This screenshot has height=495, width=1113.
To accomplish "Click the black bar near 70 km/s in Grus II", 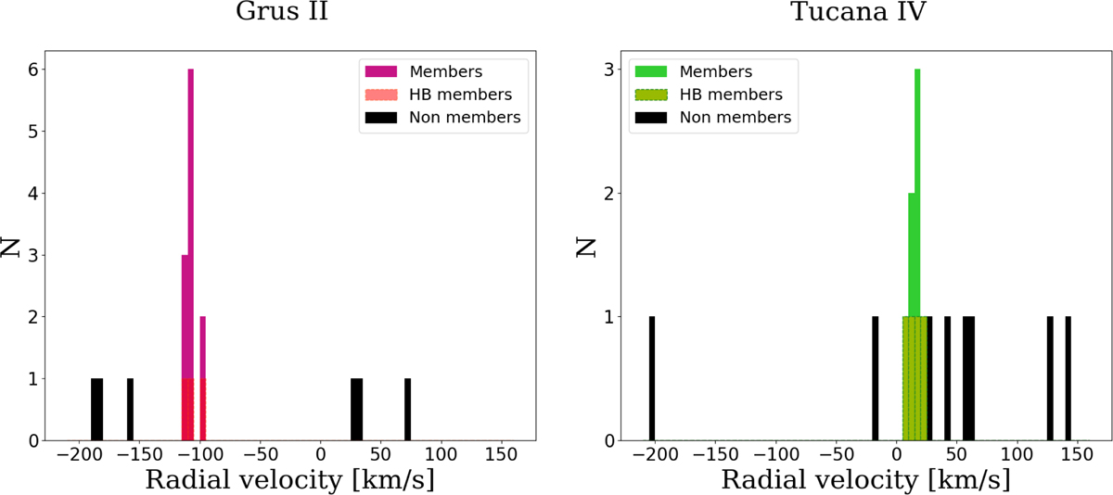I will point(407,409).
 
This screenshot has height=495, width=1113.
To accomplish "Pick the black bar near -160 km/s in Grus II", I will point(130,409).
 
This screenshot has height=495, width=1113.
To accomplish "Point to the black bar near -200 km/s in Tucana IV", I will point(652,378).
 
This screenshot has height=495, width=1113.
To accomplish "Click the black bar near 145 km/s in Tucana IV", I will point(1068,378).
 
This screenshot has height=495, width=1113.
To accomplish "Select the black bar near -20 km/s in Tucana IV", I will point(875,378).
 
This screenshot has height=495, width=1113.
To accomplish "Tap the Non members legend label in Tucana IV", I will point(735,117).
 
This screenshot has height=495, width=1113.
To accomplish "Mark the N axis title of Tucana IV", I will point(584,246).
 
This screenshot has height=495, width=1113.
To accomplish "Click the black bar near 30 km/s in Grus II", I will point(356,409).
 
